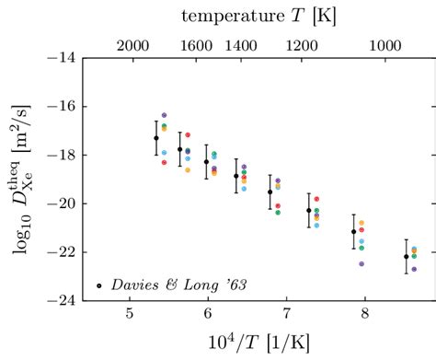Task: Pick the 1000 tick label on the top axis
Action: [387, 44]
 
